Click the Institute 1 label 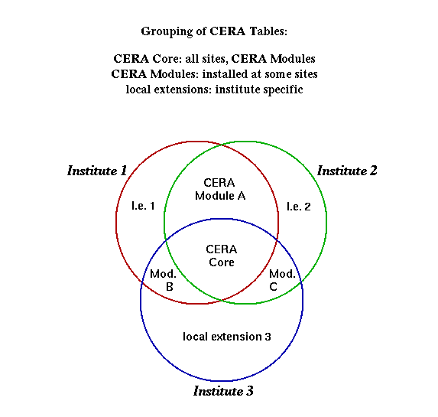tap(97, 171)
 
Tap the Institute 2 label tap(347, 171)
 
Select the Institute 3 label tap(223, 391)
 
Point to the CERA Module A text tap(220, 189)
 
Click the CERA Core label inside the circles tap(222, 256)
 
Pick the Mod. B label tap(163, 280)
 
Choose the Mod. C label tap(282, 280)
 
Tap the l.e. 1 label tap(143, 206)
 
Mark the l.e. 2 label tap(299, 207)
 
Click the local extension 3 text tap(227, 337)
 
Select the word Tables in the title tap(268, 31)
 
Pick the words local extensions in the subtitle tap(168, 90)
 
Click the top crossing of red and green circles tap(222, 145)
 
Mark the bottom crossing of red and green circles tap(222, 301)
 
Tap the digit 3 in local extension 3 tap(268, 337)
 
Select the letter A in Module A tap(242, 196)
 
